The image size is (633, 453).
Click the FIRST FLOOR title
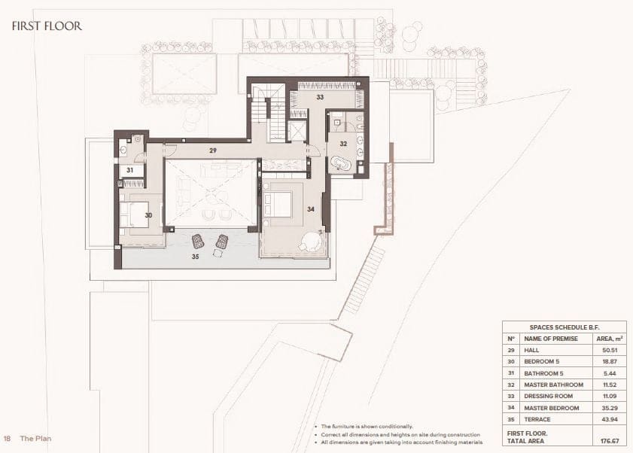coord(47,26)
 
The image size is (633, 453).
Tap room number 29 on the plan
coord(213,151)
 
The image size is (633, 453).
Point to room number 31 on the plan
coord(129,170)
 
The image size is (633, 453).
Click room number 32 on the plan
coord(342,143)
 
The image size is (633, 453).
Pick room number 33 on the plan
coord(320,97)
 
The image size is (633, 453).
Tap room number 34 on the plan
coord(309,208)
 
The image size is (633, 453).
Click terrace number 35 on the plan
coord(195,256)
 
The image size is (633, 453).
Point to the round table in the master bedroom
coord(310,242)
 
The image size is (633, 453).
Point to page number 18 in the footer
coord(7,438)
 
